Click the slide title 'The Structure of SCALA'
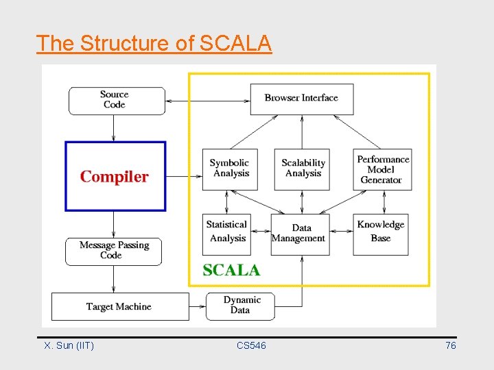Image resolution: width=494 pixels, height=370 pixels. pyautogui.click(x=154, y=43)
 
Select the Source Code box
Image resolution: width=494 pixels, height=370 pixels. pyautogui.click(x=117, y=100)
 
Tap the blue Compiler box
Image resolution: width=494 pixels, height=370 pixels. pyautogui.click(x=115, y=176)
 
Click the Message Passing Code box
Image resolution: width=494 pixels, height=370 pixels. pyautogui.click(x=113, y=251)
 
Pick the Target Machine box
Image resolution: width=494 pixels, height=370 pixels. pyautogui.click(x=120, y=306)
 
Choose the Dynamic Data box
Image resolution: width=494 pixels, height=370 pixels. pyautogui.click(x=240, y=306)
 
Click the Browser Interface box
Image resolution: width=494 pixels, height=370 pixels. pyautogui.click(x=301, y=99)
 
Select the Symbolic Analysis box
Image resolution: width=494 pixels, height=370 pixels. pyautogui.click(x=230, y=169)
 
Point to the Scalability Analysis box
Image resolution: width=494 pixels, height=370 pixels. pyautogui.click(x=302, y=169)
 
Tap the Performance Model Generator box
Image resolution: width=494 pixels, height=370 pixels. pyautogui.click(x=382, y=169)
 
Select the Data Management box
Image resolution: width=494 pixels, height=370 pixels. pyautogui.click(x=300, y=234)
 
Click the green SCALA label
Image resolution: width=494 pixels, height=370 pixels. pyautogui.click(x=231, y=270)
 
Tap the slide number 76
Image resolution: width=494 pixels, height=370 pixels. pyautogui.click(x=450, y=346)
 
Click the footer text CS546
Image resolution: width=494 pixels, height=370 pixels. pyautogui.click(x=251, y=346)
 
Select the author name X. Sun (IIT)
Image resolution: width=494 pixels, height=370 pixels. pyautogui.click(x=69, y=346)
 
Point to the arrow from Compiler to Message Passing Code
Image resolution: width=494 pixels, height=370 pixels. pyautogui.click(x=114, y=224)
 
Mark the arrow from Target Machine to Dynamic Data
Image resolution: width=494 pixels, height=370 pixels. pyautogui.click(x=198, y=306)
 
